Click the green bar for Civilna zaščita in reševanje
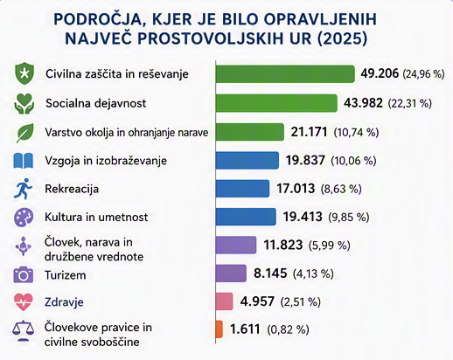285,74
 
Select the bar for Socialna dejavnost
276,103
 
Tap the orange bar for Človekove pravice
220,329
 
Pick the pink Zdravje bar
224,301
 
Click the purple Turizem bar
231,273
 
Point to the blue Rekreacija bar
242,189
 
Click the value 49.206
380,73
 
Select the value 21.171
309,132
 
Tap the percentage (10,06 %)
353,161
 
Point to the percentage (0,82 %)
288,329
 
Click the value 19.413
303,217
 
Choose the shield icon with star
24,74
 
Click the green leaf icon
25,133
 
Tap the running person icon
23,189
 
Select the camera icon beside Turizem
24,274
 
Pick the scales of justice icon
23,331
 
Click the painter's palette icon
24,218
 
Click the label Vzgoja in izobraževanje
106,161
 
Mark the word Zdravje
64,302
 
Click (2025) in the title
342,38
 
